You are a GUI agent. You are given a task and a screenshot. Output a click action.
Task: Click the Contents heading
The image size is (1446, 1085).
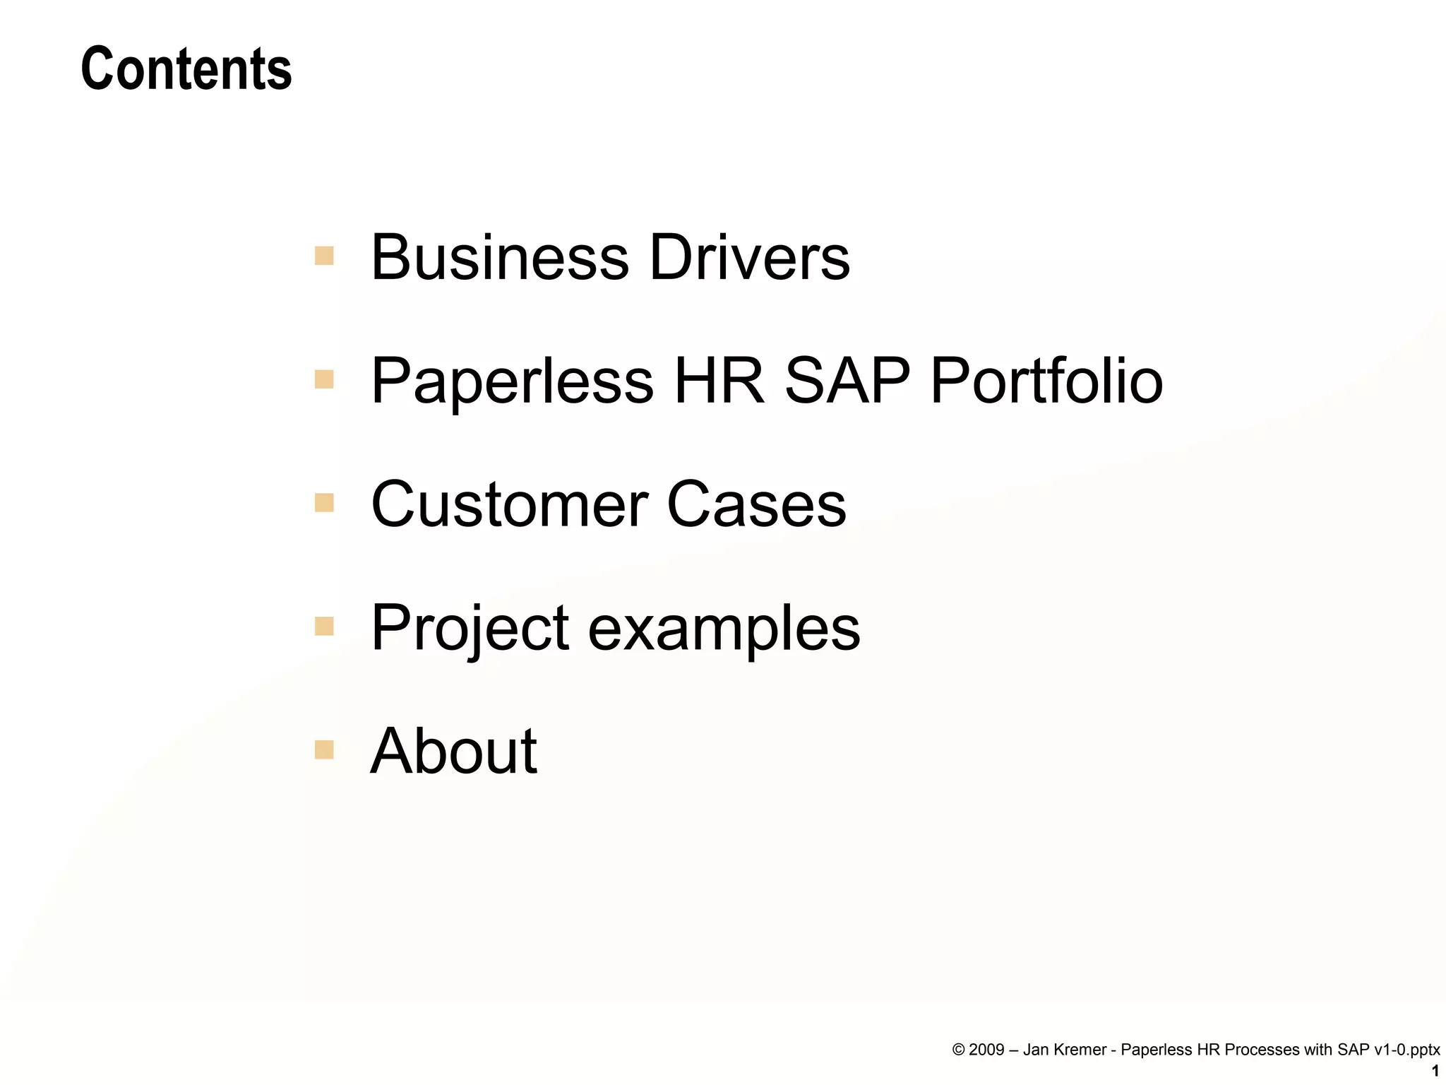(186, 69)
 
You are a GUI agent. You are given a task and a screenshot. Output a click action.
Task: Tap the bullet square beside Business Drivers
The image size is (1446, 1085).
(324, 256)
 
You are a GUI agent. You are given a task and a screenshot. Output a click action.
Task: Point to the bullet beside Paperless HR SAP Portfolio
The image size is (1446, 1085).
(324, 380)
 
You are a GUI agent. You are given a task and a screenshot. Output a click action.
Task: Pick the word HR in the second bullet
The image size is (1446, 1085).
(719, 381)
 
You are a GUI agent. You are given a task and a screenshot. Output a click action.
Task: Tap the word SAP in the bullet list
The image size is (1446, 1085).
(847, 381)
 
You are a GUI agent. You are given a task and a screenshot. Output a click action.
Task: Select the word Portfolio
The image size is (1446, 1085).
(1046, 381)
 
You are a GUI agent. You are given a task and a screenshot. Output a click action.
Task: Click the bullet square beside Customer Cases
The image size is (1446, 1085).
(324, 503)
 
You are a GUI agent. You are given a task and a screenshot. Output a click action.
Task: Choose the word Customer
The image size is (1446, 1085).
(509, 504)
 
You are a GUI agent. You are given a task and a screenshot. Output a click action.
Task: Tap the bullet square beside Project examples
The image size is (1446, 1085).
(324, 627)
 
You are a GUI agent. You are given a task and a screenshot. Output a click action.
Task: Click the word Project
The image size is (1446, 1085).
(470, 628)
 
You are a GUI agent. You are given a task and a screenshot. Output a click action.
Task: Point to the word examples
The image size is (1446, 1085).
(724, 629)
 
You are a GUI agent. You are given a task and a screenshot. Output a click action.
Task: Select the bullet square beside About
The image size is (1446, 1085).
(324, 749)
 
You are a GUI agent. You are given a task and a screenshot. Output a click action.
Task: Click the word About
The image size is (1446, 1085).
(453, 751)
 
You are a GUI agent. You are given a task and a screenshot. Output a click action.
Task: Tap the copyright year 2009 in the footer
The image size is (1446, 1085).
(986, 1050)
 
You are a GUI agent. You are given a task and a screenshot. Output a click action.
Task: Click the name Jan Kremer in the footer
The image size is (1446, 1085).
(1064, 1050)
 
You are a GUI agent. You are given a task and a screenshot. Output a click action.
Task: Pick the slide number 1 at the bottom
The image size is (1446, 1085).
(1435, 1072)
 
